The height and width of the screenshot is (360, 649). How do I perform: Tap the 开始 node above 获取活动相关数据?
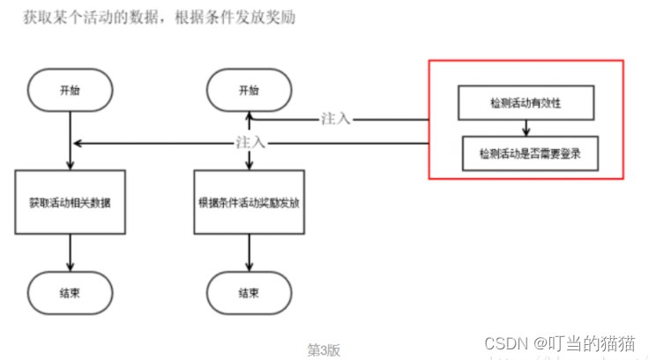70,91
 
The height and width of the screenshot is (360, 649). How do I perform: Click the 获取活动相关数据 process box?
70,202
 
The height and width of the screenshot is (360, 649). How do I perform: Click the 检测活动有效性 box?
526,103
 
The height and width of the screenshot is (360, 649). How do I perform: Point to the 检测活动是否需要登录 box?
526,154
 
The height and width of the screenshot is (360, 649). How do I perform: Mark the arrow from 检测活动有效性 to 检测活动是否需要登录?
526,129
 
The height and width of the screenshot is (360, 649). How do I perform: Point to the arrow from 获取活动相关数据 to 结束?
70,253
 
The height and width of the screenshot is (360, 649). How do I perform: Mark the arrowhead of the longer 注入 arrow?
78,143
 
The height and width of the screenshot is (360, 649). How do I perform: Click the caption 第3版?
324,349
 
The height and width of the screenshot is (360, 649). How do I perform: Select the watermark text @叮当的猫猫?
587,343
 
